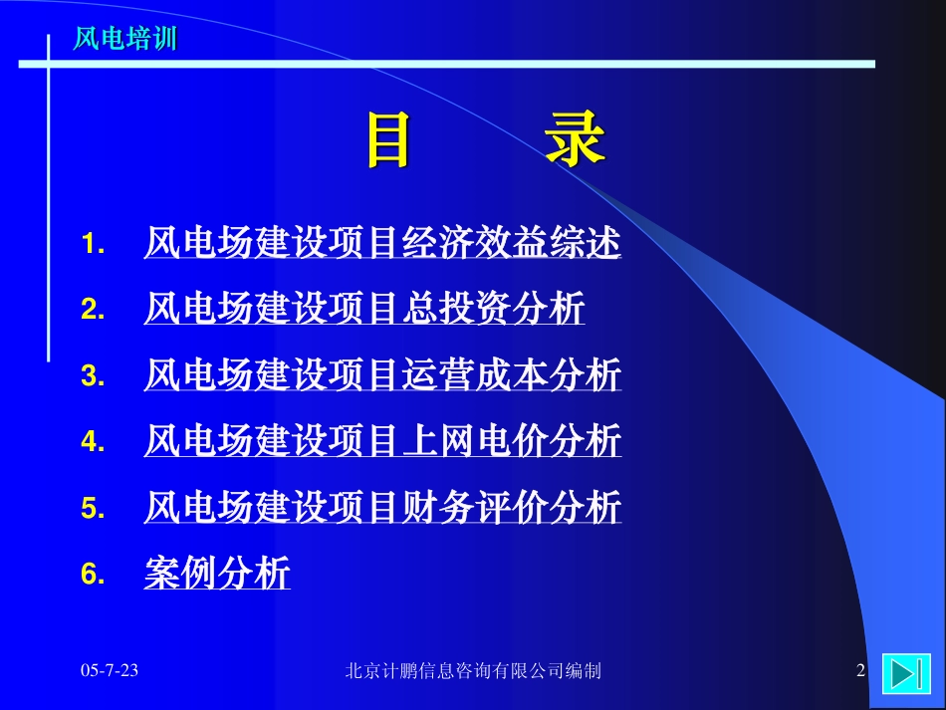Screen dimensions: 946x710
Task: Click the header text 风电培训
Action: [124, 38]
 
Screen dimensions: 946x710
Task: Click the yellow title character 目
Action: [389, 139]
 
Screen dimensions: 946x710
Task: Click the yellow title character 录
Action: [575, 138]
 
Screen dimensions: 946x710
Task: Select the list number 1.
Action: [93, 244]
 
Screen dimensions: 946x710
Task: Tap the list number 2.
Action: [93, 309]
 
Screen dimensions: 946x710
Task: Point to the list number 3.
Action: [93, 375]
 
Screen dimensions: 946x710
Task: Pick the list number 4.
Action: [93, 441]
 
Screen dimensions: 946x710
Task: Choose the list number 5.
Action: [93, 507]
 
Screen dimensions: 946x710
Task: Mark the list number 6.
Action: [93, 573]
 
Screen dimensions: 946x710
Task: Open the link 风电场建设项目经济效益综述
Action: [382, 243]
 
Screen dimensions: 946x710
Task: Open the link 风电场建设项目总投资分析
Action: [364, 309]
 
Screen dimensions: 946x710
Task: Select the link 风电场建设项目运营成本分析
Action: [382, 374]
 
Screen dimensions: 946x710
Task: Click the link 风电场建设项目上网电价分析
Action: [382, 440]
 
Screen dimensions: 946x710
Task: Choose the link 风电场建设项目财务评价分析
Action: [382, 507]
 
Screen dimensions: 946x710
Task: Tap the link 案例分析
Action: [217, 573]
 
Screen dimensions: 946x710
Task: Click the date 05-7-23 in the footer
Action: [110, 670]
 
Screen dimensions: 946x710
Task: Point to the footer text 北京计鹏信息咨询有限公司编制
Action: [473, 670]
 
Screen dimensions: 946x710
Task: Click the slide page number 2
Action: [861, 670]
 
